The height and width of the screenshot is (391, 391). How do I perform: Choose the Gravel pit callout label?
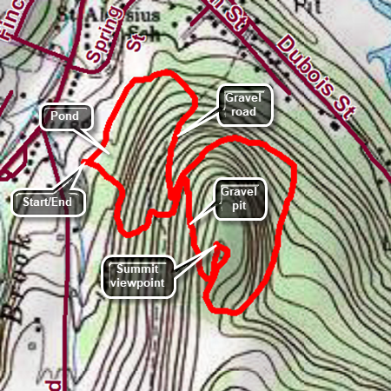tap(237, 199)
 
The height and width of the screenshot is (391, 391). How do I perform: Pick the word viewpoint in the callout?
tap(136, 282)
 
